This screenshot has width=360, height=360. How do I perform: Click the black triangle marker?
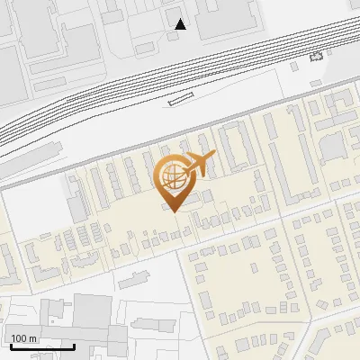[181, 24]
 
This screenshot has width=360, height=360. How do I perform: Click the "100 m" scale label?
[23, 338]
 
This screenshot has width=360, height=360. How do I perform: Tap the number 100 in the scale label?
[19, 338]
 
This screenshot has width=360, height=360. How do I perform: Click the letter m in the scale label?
[32, 338]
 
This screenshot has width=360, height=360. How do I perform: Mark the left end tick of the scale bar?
[10, 346]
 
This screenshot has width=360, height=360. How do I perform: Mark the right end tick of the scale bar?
[74, 346]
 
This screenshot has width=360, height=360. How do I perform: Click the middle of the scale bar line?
[41, 347]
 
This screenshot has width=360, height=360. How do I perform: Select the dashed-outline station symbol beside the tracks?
[315, 57]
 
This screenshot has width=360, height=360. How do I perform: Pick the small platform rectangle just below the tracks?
[181, 101]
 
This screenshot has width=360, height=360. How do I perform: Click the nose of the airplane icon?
[213, 157]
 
